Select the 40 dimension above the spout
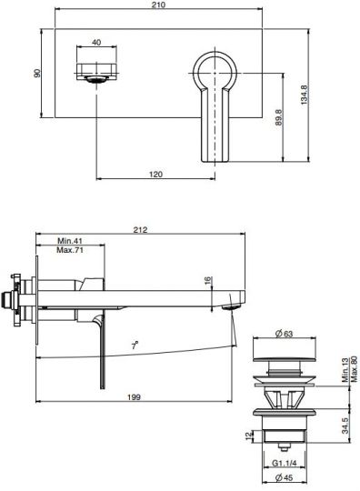point(96,43)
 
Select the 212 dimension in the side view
point(139,230)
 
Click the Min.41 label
point(70,242)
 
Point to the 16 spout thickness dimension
point(208,282)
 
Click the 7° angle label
point(135,346)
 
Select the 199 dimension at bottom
point(135,396)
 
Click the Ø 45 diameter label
point(282,478)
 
